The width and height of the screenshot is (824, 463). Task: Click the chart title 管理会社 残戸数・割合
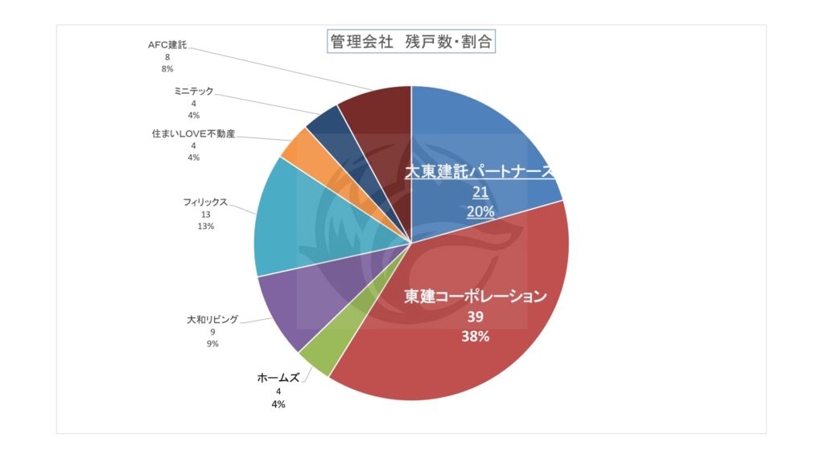click(411, 42)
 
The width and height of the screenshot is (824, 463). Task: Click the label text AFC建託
click(167, 45)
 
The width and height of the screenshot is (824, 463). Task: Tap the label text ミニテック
click(193, 92)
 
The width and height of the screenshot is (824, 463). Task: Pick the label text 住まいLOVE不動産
click(193, 133)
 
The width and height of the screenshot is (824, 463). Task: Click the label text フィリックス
click(205, 202)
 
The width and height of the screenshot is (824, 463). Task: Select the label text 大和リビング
click(212, 319)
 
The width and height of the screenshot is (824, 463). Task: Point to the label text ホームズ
click(278, 377)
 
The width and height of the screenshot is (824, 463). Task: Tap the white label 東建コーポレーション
click(475, 296)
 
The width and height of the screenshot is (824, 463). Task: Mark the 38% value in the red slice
click(475, 337)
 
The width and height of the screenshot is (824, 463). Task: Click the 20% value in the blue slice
click(480, 211)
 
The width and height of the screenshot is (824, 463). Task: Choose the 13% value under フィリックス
click(205, 227)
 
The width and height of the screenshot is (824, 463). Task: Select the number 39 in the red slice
click(475, 317)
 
